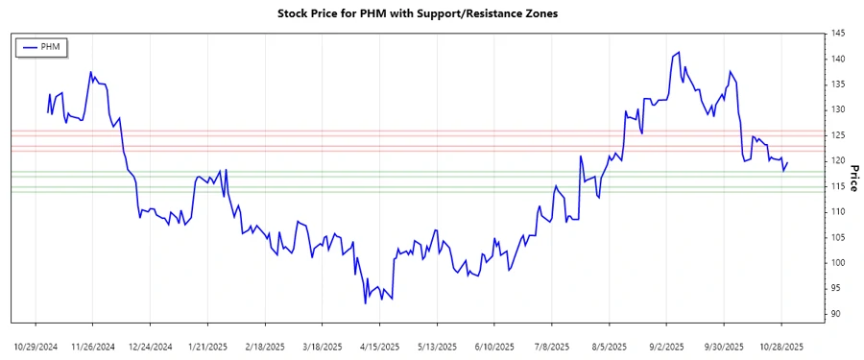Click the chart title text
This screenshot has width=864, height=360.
431,14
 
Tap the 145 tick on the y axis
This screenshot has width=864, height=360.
838,34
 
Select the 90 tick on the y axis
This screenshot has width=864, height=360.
836,314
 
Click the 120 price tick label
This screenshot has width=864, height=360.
838,161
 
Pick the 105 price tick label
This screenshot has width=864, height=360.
838,237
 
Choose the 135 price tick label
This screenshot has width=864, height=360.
838,84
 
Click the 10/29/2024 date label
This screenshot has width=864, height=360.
36,346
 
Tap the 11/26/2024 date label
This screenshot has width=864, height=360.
92,346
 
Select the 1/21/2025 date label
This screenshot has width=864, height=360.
207,346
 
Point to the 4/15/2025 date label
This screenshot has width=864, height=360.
379,346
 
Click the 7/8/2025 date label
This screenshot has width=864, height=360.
552,346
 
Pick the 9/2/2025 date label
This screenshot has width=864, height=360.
666,346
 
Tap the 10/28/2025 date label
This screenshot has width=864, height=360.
781,346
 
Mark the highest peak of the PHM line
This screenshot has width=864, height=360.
679,53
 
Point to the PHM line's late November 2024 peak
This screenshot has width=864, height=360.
90,71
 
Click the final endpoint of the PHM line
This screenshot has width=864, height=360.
787,162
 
